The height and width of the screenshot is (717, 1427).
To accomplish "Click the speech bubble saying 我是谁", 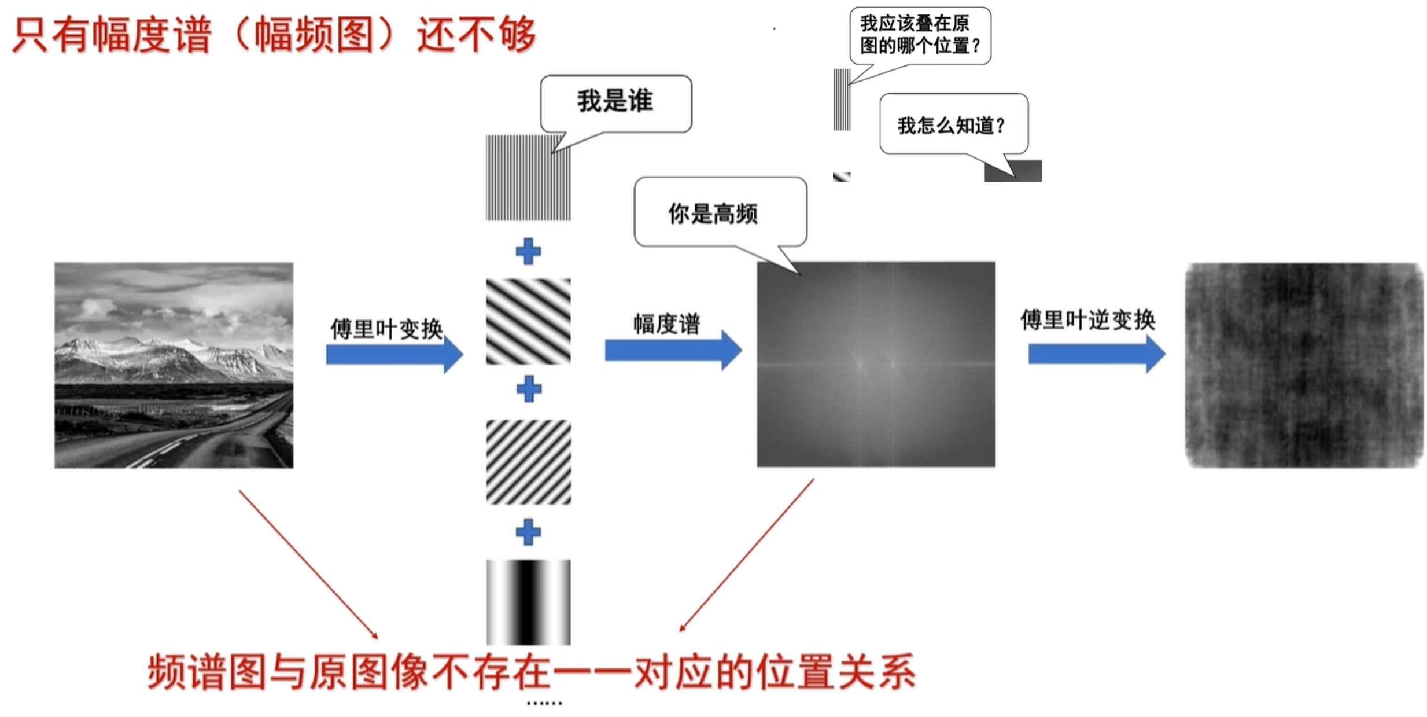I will [615, 102].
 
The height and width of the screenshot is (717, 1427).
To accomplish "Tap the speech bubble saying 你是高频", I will [720, 212].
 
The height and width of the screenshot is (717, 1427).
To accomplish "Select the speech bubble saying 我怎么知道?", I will [953, 124].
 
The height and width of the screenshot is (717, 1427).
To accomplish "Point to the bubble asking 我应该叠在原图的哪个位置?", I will [920, 35].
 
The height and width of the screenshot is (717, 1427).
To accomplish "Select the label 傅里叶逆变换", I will [1087, 319].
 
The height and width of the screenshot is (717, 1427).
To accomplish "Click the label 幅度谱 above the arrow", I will [666, 323].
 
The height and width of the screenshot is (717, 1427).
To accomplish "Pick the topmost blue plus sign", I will [528, 252].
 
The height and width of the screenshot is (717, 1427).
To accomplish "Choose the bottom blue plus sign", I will [528, 532].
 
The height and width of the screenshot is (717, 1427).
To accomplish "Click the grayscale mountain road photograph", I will [174, 365].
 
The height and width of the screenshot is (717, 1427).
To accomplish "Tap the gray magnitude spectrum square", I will [876, 364].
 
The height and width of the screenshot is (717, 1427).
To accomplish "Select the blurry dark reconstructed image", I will [1304, 365].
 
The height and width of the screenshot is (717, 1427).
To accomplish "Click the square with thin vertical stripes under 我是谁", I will [528, 178].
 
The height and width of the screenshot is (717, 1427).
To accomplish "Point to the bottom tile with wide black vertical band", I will [528, 602].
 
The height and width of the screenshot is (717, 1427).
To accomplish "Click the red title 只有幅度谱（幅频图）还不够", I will [274, 35].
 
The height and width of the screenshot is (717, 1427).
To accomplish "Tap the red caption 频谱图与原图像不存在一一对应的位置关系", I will [531, 672].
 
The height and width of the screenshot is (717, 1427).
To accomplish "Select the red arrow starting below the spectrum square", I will [747, 554].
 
